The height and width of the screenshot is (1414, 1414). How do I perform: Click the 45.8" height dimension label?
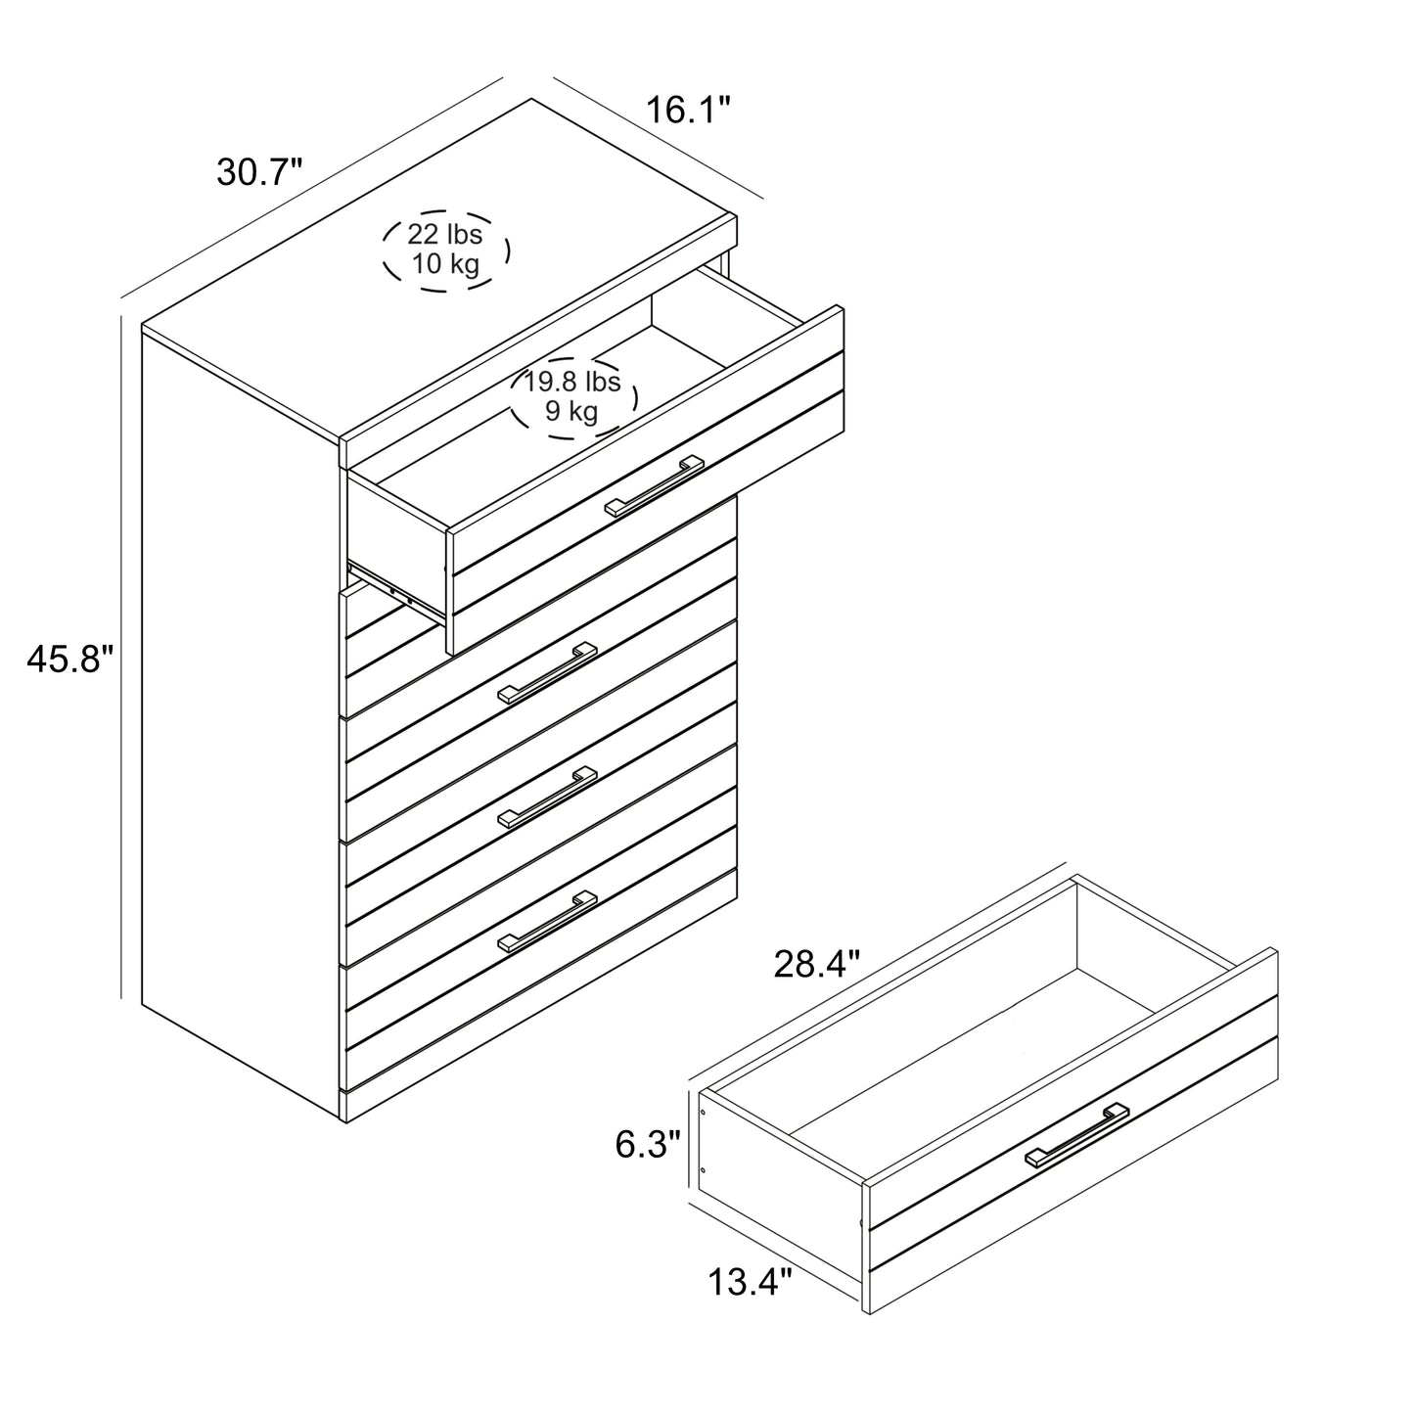pos(70,659)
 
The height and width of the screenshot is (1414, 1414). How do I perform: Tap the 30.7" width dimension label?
pos(259,172)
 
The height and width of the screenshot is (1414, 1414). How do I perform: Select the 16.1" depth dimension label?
pos(688,110)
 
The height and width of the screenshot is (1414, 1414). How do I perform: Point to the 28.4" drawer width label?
pos(816,964)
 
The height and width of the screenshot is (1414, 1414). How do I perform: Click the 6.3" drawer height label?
pos(648,1144)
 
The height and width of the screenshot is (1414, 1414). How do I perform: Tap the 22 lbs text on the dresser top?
pos(444,234)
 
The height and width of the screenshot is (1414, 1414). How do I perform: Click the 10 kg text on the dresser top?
pos(444,262)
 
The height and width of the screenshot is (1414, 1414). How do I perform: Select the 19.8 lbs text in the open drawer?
pos(572,382)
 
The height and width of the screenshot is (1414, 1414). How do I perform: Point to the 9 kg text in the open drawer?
pos(571,411)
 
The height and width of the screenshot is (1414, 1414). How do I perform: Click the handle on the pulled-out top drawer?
pos(654,485)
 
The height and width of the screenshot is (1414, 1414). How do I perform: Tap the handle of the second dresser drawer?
pos(547,673)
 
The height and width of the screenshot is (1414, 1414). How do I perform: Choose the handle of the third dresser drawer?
pos(547,797)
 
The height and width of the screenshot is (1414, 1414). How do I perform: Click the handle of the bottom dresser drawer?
pos(547,922)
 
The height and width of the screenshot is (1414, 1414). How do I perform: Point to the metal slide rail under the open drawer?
pos(396,589)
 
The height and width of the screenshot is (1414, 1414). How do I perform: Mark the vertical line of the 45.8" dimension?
pos(121,657)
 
